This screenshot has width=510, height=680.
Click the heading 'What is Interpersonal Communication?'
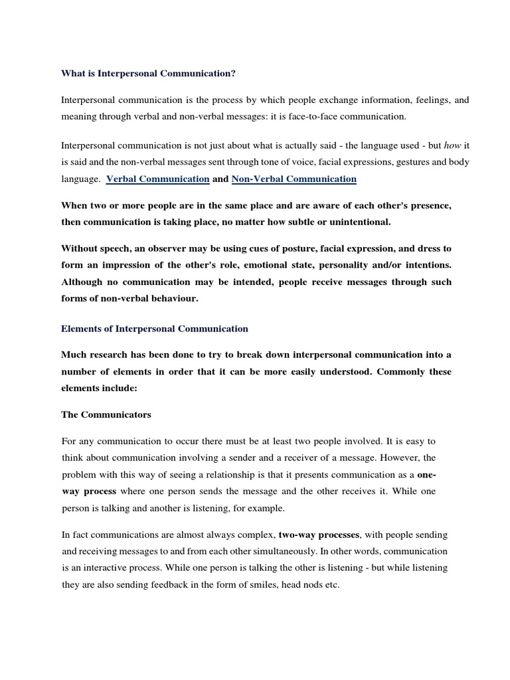click(148, 74)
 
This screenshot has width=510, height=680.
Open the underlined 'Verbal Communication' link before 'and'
click(158, 179)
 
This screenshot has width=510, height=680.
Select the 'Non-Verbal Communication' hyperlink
click(294, 179)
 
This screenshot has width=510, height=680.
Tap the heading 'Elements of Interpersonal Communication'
click(155, 329)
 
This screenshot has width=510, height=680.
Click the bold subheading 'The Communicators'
click(106, 415)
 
